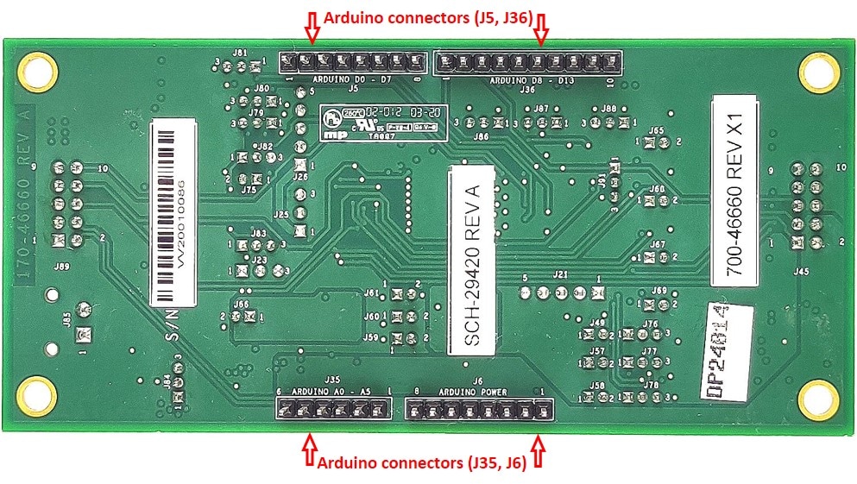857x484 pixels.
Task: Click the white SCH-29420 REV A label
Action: coord(471,261)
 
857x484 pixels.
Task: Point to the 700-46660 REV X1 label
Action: coord(734,192)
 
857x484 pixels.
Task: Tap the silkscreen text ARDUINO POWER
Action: coord(475,392)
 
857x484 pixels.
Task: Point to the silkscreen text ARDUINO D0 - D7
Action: coord(351,79)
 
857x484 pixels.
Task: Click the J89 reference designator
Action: coord(62,267)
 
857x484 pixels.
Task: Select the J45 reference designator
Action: coord(802,271)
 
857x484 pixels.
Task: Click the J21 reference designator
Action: coord(561,275)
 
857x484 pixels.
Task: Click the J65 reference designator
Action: coord(657,130)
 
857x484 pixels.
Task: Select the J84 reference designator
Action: coord(166,380)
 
